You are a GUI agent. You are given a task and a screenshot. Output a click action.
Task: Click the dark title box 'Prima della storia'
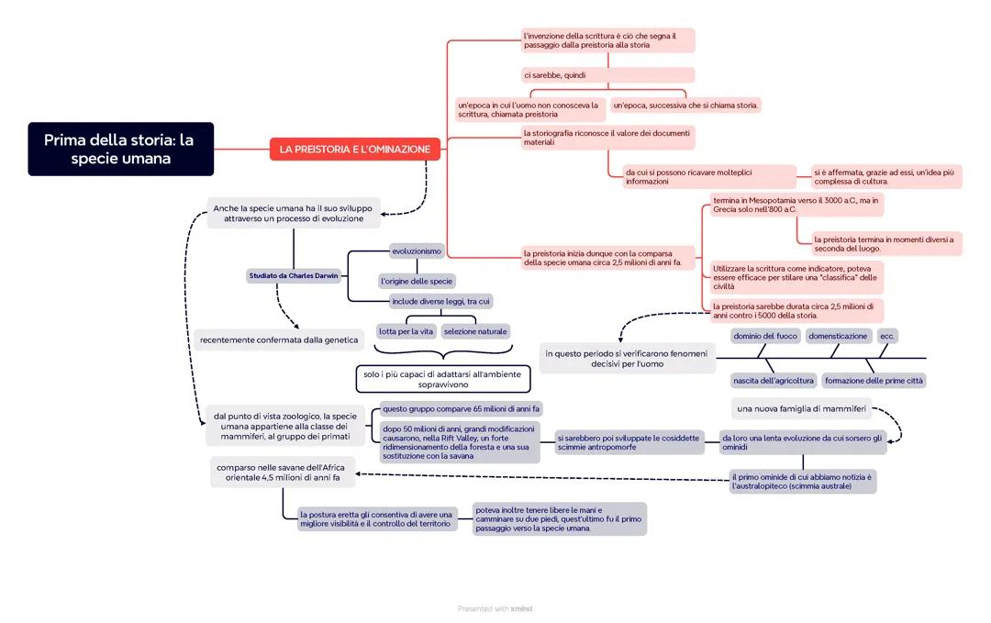(120, 149)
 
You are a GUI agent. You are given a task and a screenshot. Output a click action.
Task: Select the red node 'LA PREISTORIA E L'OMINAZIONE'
(354, 149)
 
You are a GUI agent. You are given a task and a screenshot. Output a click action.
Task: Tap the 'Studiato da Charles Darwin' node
(293, 275)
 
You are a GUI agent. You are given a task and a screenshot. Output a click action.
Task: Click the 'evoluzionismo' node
(416, 250)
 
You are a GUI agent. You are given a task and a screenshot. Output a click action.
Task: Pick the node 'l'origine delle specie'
(416, 281)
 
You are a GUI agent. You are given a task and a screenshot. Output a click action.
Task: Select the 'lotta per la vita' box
(406, 331)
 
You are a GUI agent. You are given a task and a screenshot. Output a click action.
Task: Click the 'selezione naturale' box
(474, 331)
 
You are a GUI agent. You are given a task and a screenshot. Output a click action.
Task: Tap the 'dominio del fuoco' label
(764, 336)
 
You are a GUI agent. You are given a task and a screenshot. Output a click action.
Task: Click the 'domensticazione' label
(837, 336)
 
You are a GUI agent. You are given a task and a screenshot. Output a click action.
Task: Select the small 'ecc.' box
(887, 336)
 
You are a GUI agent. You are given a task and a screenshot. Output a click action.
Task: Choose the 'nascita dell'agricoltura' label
(773, 380)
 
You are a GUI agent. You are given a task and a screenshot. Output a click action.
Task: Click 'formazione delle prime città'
(874, 380)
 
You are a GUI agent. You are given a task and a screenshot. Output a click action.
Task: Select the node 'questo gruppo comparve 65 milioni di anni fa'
(461, 408)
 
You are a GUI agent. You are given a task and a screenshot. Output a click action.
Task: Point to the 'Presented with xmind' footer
(495, 608)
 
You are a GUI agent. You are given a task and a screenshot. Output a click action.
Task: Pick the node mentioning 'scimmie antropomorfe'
(629, 442)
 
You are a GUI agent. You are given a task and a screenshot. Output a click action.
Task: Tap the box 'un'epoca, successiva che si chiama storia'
(685, 106)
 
